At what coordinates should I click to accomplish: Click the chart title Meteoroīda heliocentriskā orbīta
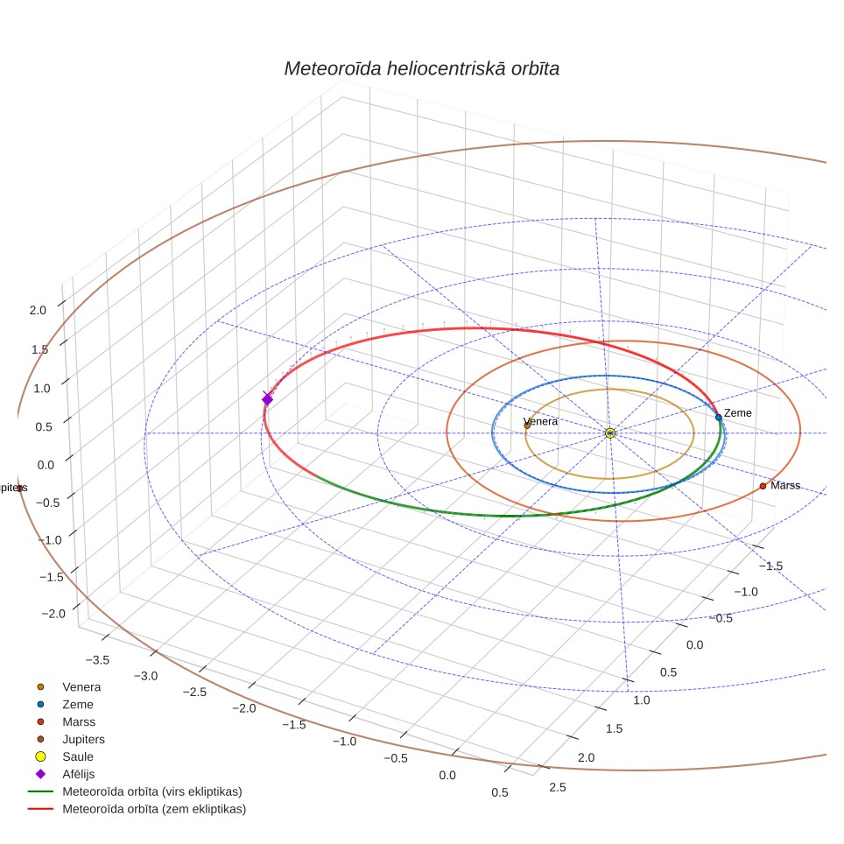pyautogui.click(x=421, y=69)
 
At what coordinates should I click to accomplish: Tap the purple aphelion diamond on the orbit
pyautogui.click(x=268, y=399)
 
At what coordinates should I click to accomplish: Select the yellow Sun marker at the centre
pyautogui.click(x=610, y=433)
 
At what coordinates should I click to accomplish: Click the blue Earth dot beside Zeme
pyautogui.click(x=719, y=417)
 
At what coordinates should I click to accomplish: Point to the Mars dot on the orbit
pyautogui.click(x=763, y=486)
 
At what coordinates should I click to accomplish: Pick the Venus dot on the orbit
pyautogui.click(x=527, y=426)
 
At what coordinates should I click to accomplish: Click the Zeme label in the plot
pyautogui.click(x=737, y=413)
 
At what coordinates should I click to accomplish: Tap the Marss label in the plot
pyautogui.click(x=785, y=486)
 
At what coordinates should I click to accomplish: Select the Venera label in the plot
pyautogui.click(x=540, y=421)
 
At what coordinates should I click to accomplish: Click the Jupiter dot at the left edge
pyautogui.click(x=19, y=489)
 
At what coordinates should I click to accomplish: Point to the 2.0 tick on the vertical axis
pyautogui.click(x=38, y=310)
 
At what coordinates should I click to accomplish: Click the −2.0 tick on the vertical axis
pyautogui.click(x=53, y=614)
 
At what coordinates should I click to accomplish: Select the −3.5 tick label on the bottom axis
pyautogui.click(x=97, y=660)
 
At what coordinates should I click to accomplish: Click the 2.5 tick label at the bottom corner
pyautogui.click(x=558, y=787)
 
